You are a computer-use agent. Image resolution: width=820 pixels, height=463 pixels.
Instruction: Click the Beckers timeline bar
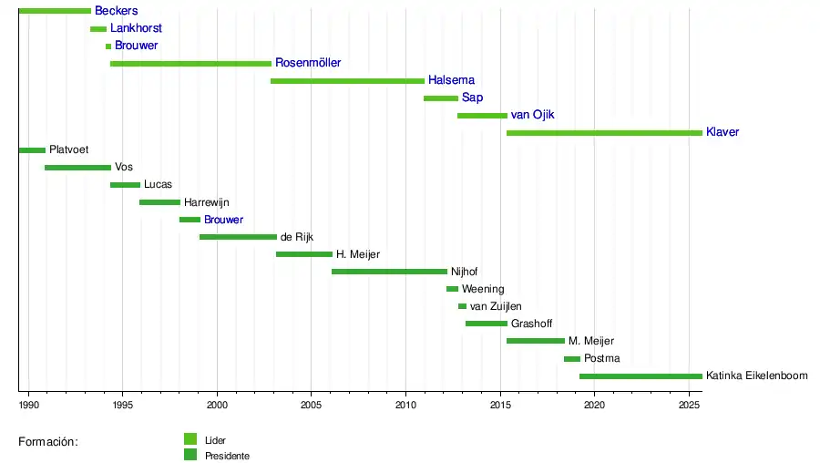[55, 11]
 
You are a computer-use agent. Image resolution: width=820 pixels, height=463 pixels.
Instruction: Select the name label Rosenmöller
[308, 63]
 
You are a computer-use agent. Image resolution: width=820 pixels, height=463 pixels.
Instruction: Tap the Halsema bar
[347, 81]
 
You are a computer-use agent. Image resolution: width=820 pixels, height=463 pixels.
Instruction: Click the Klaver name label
[723, 132]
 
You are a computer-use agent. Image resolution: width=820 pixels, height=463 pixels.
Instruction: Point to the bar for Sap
[441, 98]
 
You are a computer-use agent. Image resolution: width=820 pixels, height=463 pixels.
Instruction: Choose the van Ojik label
[533, 115]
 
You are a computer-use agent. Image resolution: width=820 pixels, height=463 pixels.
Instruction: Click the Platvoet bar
[32, 150]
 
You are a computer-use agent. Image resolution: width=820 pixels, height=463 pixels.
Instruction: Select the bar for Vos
[77, 168]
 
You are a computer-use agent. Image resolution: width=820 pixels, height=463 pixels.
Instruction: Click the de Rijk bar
[238, 237]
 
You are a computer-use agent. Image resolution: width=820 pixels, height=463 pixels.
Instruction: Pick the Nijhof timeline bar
[389, 272]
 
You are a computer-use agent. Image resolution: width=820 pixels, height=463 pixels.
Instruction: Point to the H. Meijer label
[358, 254]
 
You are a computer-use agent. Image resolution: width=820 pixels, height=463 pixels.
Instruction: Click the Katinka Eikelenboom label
[757, 376]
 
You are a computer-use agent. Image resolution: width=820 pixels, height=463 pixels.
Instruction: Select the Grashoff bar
[487, 324]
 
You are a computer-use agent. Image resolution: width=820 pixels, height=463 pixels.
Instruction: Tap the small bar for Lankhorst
[98, 29]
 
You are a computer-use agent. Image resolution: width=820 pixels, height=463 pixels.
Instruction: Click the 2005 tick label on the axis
[312, 405]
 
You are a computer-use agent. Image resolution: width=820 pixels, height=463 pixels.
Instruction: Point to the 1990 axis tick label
[28, 405]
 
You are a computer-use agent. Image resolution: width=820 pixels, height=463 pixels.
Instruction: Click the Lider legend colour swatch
[190, 438]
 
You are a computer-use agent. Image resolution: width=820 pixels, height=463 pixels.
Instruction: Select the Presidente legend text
[227, 456]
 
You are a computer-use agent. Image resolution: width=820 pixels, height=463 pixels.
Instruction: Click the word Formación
[48, 442]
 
